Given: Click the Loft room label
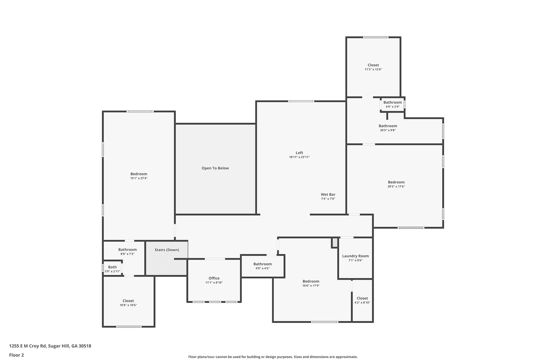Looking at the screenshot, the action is [299, 153].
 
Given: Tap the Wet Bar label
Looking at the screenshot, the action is [328, 194].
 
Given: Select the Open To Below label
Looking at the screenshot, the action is [215, 168].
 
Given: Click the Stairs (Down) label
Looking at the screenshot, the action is [167, 250].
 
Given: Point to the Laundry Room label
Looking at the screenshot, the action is [355, 256].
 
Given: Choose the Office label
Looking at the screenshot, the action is [214, 278].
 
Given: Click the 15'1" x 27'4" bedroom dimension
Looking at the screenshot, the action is [139, 178].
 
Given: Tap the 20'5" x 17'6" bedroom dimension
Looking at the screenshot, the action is [396, 186].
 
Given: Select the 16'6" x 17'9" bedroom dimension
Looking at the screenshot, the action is [311, 285].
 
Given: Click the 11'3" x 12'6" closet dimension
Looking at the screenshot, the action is [373, 69].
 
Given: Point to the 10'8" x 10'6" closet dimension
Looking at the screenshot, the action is [128, 305].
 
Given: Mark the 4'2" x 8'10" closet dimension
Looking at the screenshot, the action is [362, 302].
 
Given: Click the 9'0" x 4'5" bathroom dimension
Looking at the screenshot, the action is [263, 268].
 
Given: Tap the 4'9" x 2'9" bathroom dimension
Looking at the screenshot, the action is [392, 107].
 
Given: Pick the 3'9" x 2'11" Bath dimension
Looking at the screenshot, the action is [113, 271].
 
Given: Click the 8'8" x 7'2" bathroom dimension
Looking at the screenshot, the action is [127, 254].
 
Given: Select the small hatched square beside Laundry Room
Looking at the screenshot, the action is [335, 243].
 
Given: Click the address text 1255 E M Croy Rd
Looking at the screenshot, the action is [28, 346].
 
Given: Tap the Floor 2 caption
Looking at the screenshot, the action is [17, 355].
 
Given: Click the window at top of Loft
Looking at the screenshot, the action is [301, 101].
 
